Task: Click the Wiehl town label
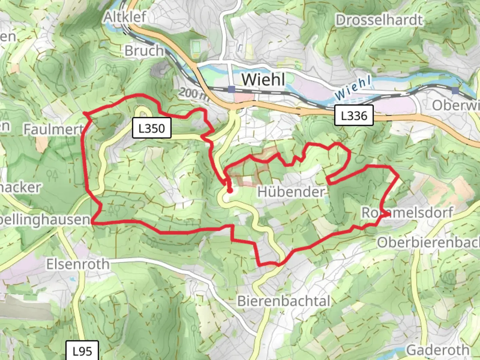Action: tap(263, 80)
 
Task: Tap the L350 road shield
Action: tap(152, 128)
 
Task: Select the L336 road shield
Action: tap(354, 116)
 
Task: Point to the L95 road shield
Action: tap(82, 351)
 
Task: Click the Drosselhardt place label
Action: tap(379, 20)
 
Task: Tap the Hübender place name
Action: tap(291, 192)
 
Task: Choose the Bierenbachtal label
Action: tap(284, 301)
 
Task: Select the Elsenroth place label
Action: tap(78, 264)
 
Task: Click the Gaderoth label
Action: tap(438, 350)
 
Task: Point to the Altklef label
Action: tap(125, 17)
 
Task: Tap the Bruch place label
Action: tap(144, 51)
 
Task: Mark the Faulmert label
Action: tap(53, 129)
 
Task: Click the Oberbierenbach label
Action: tap(429, 242)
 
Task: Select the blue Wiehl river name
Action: tap(353, 87)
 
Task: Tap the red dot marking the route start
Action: tap(230, 190)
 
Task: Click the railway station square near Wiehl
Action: tap(232, 89)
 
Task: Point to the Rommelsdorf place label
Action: tap(407, 212)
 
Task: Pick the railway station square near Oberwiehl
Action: tap(455, 90)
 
